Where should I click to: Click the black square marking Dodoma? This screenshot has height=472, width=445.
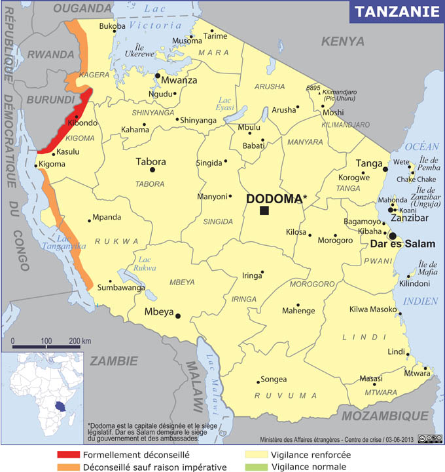click(264, 210)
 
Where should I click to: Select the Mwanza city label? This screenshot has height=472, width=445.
click(179, 81)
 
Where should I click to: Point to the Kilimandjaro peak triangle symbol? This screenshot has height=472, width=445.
click(321, 92)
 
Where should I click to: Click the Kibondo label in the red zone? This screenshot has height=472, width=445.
click(82, 123)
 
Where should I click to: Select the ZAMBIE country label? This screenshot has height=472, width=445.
click(114, 361)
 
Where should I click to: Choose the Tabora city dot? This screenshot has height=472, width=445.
click(152, 170)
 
